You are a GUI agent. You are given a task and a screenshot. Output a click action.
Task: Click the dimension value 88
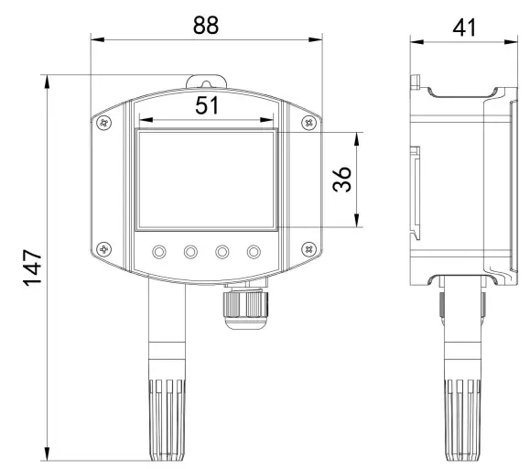point(206,24)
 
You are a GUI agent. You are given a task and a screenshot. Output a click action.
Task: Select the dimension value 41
point(462,24)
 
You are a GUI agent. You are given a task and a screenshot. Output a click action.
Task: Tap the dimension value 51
point(207,105)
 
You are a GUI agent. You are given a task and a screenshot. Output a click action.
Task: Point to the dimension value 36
point(341,179)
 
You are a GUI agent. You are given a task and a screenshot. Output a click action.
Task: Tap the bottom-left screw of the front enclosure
point(105,248)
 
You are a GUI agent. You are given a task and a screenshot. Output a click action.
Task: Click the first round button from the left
point(160,251)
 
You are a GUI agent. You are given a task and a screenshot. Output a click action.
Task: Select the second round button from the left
point(191,251)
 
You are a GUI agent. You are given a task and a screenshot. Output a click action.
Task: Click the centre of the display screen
point(207,179)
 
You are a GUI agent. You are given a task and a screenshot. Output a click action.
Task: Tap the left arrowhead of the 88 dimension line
point(95,39)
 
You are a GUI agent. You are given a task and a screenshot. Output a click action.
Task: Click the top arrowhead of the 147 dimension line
point(47,81)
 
